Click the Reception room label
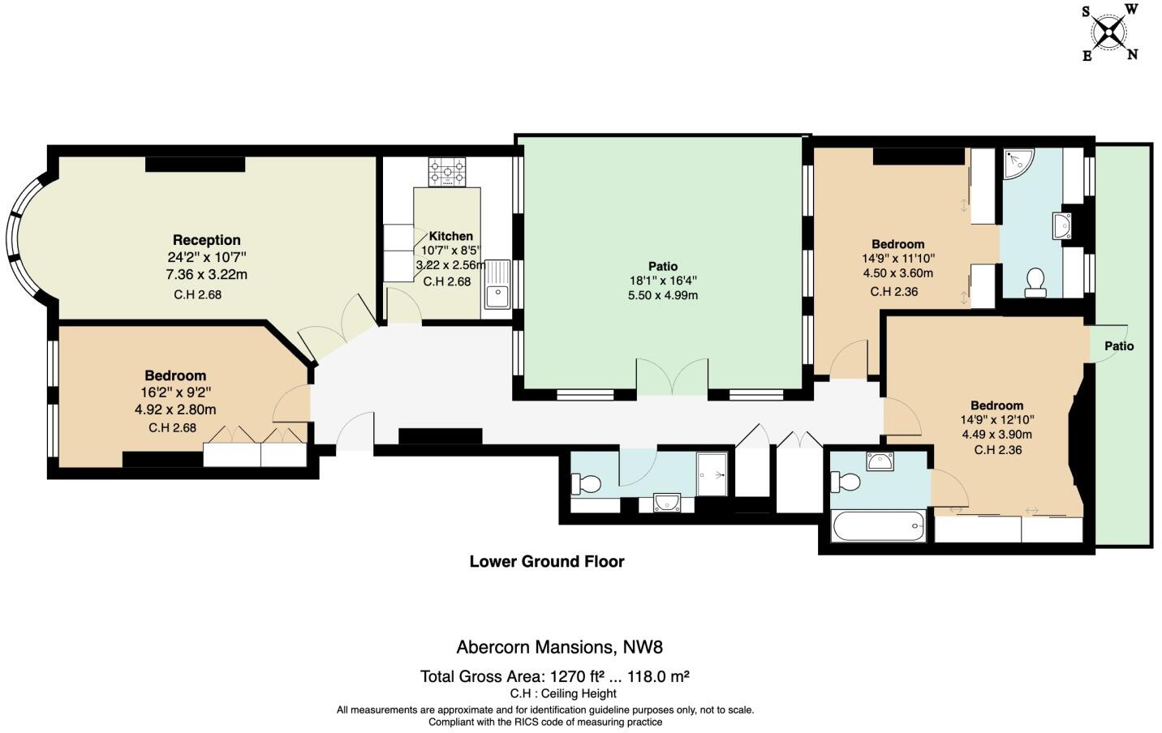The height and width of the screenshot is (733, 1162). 206,240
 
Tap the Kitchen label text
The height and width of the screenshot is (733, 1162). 451,236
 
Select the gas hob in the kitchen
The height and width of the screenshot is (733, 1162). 447,172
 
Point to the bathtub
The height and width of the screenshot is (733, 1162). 879,526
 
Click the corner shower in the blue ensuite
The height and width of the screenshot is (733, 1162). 1018,163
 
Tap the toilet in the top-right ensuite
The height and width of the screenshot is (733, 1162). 1035,282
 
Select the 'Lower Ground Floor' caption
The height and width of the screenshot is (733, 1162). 547,561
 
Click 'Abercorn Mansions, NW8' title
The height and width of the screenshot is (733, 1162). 560,647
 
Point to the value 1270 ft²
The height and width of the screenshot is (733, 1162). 577,676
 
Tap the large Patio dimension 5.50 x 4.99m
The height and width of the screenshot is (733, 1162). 663,295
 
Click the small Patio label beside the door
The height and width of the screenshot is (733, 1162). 1119,345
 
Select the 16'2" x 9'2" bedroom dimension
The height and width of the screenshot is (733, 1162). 176,392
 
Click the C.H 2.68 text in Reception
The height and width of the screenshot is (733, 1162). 198,295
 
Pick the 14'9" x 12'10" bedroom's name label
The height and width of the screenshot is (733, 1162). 997,405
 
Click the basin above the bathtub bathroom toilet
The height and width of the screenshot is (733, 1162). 880,461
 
